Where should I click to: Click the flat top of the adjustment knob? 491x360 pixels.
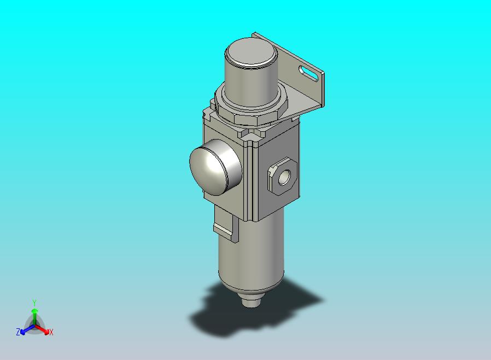(x=252, y=53)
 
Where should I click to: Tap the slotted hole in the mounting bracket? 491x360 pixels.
(x=309, y=73)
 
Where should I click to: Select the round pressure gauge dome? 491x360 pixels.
(x=215, y=167)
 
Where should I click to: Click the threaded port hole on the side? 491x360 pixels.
(x=284, y=177)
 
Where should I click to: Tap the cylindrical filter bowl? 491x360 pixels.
(x=251, y=251)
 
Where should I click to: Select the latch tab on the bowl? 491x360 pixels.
(x=225, y=225)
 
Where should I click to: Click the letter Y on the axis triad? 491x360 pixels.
(x=34, y=303)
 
